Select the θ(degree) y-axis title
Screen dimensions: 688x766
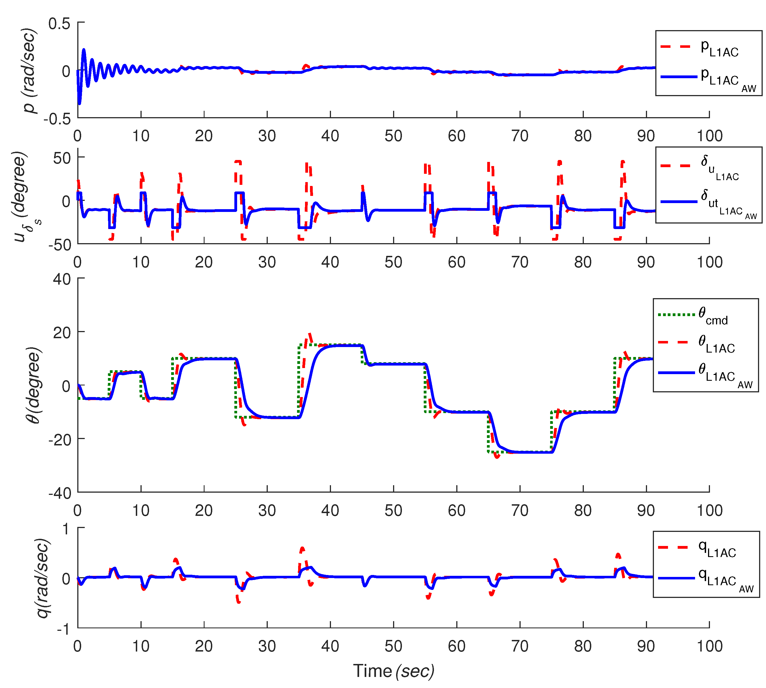tap(33, 385)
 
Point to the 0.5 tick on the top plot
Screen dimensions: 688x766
tap(59, 23)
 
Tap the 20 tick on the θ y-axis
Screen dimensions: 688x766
tap(62, 333)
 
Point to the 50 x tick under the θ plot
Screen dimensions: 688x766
tap(393, 511)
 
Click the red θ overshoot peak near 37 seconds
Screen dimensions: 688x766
tap(310, 334)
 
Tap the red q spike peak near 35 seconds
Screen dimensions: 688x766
tap(302, 548)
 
